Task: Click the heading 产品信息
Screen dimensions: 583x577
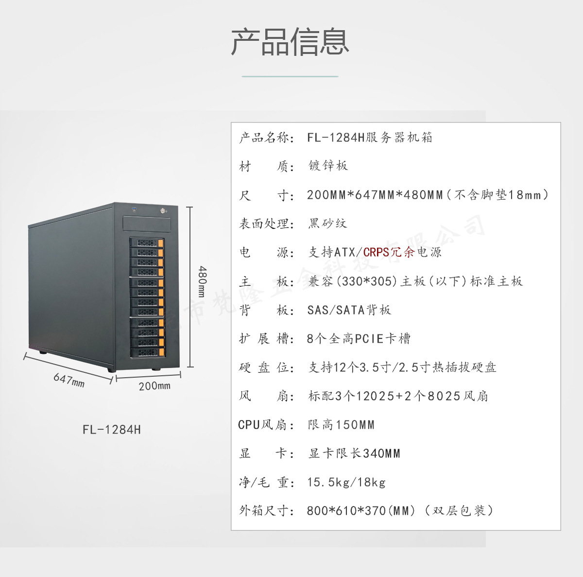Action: [x=290, y=42]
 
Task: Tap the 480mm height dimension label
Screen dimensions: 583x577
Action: [x=203, y=281]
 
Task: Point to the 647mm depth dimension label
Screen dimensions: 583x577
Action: [x=69, y=380]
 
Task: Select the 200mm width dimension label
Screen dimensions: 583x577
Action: [x=154, y=386]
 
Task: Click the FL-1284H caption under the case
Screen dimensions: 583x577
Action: [x=112, y=430]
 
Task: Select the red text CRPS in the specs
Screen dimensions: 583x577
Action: [x=377, y=252]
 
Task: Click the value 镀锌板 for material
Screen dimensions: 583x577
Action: [x=328, y=166]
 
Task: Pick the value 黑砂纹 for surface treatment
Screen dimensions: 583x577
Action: [x=327, y=224]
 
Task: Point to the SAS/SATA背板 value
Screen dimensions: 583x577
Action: [x=349, y=310]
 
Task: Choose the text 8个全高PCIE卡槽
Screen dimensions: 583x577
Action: [x=359, y=339]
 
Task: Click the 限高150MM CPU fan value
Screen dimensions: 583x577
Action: [x=341, y=425]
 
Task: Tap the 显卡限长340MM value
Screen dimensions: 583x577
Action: [x=354, y=454]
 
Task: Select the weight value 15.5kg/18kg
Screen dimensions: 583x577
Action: [x=346, y=482]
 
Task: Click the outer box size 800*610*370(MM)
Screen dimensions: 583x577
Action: [x=361, y=511]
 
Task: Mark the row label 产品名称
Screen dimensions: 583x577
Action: [x=266, y=138]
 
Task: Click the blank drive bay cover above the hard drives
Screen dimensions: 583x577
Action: [x=147, y=224]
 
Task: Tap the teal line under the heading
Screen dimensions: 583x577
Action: [x=290, y=76]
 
